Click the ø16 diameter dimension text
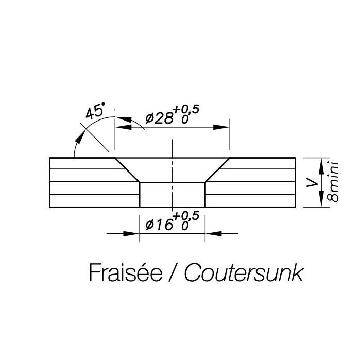pos(160,224)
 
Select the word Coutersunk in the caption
pos(243,272)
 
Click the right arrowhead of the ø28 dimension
pos(222,127)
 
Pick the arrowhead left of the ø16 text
pos(134,234)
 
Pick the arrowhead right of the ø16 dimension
pos(212,234)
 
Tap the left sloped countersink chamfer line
pos(128,169)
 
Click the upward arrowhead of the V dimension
pos(322,164)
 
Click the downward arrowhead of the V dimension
pos(322,200)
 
